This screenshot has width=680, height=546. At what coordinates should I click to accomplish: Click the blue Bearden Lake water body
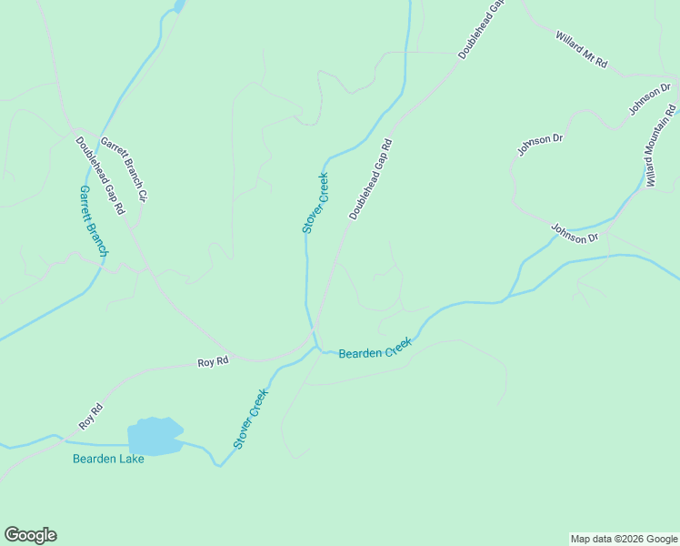click(x=155, y=436)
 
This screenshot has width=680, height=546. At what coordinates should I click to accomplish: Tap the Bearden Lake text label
click(x=108, y=459)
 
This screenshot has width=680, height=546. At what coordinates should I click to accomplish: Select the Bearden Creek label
click(x=375, y=349)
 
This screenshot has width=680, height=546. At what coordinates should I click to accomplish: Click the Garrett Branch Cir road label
click(x=124, y=168)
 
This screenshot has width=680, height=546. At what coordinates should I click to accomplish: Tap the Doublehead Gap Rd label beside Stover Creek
click(x=370, y=179)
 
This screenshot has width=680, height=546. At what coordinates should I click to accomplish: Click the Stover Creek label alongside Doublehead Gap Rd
click(x=315, y=203)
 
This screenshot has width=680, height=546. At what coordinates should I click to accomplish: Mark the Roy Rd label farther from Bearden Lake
click(x=213, y=362)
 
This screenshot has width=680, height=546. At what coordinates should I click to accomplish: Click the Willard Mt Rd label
click(x=582, y=52)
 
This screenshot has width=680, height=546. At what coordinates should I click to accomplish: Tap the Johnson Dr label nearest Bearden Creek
click(x=575, y=234)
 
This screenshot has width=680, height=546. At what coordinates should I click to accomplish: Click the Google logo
click(x=30, y=535)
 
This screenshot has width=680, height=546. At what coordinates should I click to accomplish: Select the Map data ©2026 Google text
click(x=624, y=539)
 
